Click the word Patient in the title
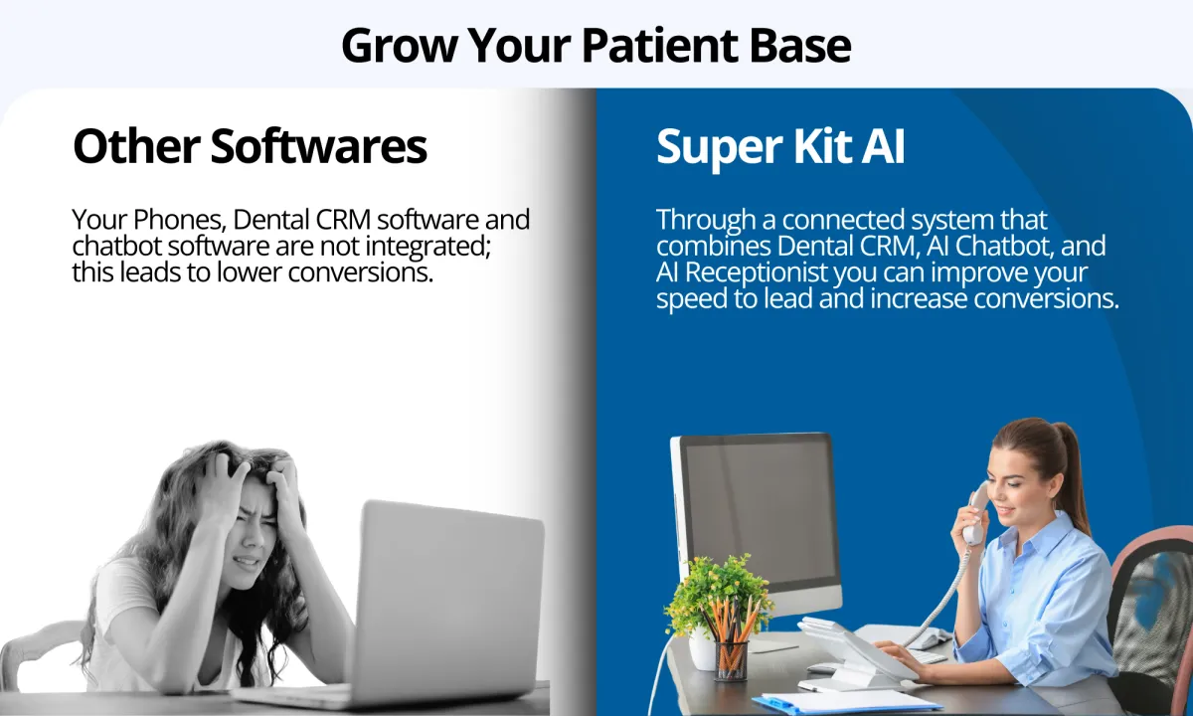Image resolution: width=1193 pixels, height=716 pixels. (x=660, y=46)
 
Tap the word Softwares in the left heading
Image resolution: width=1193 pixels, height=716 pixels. (x=318, y=145)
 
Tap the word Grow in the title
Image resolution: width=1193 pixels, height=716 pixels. (x=399, y=47)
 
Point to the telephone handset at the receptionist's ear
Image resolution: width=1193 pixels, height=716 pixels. (x=974, y=513)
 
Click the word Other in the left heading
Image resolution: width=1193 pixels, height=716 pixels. (x=136, y=145)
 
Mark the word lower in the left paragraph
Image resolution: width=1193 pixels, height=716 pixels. (x=250, y=272)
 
